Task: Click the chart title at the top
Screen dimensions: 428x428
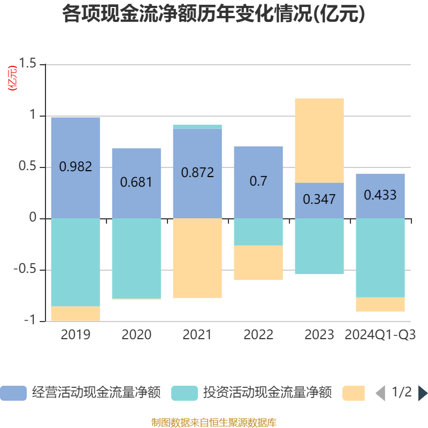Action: [x=213, y=14]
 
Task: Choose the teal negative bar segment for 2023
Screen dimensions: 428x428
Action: [x=319, y=246]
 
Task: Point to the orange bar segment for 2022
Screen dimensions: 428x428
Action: [x=258, y=263]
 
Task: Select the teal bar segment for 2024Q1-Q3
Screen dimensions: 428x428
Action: [x=380, y=257]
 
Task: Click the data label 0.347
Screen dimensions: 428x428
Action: [x=319, y=200]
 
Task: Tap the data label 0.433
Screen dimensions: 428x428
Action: [x=380, y=195]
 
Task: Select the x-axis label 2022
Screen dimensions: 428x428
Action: [x=258, y=335]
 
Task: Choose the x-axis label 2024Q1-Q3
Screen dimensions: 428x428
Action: [x=380, y=335]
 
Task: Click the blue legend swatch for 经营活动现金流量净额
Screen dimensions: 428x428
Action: [x=13, y=393]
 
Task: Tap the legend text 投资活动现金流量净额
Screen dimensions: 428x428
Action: [x=267, y=393]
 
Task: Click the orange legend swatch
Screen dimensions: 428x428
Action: [x=354, y=393]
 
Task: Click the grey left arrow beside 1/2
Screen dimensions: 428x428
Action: [x=380, y=393]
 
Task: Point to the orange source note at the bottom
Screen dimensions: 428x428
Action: [x=214, y=423]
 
